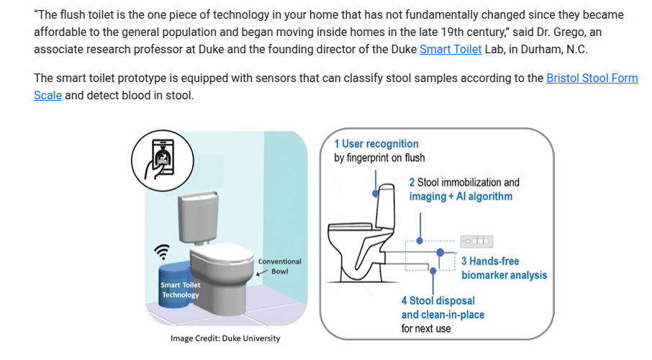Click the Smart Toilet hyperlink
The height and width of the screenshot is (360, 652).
(x=450, y=49)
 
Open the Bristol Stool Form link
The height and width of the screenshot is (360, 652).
(x=592, y=78)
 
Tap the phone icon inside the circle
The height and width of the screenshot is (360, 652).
(x=162, y=159)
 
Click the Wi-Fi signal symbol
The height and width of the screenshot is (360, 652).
(x=162, y=251)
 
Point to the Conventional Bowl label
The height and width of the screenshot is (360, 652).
(x=279, y=266)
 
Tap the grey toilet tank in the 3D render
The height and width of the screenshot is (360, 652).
(x=198, y=217)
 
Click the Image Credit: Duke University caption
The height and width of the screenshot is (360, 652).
(x=225, y=338)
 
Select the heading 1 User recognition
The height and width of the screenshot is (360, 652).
(x=376, y=143)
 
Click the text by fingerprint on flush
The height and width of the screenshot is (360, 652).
(x=379, y=158)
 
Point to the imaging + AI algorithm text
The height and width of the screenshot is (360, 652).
(x=461, y=197)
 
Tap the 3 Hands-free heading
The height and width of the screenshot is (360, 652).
(x=490, y=261)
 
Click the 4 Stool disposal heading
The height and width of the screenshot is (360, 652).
(x=438, y=300)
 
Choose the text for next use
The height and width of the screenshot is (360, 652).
(x=426, y=329)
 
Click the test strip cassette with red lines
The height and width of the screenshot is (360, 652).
(x=476, y=241)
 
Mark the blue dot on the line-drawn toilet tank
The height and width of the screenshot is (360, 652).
(x=376, y=194)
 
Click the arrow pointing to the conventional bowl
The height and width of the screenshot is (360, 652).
(x=262, y=273)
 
